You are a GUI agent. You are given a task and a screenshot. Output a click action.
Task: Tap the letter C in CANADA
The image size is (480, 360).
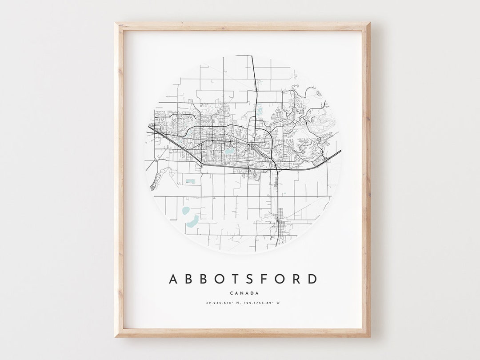click(x=232, y=293)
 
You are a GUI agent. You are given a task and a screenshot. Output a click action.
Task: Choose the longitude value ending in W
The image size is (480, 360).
click(x=264, y=303)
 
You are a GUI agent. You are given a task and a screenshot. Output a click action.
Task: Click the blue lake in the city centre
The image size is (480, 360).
click(x=228, y=151)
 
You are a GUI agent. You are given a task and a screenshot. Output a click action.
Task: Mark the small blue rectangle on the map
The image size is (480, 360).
click(x=191, y=181)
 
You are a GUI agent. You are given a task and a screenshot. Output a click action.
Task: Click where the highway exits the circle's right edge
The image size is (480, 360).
click(x=340, y=152)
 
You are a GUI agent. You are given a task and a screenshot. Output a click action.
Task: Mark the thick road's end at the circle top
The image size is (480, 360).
click(x=252, y=56)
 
